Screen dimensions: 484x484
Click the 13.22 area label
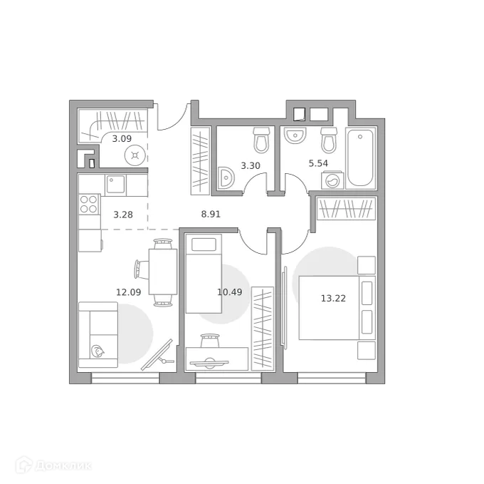(334, 298)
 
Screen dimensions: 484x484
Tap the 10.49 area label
(228, 291)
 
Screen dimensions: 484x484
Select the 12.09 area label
(127, 291)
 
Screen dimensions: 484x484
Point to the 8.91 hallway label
(211, 212)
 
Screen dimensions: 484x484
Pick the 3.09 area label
(122, 138)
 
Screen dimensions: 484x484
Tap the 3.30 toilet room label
(251, 165)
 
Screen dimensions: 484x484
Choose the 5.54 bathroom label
(319, 163)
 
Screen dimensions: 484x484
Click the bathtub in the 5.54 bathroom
(359, 157)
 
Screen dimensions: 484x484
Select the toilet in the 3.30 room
(262, 140)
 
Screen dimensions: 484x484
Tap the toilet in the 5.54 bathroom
(328, 140)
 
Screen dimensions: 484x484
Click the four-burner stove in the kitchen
(89, 205)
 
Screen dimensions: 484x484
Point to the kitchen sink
(116, 185)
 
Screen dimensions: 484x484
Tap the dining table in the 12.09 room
(163, 272)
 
